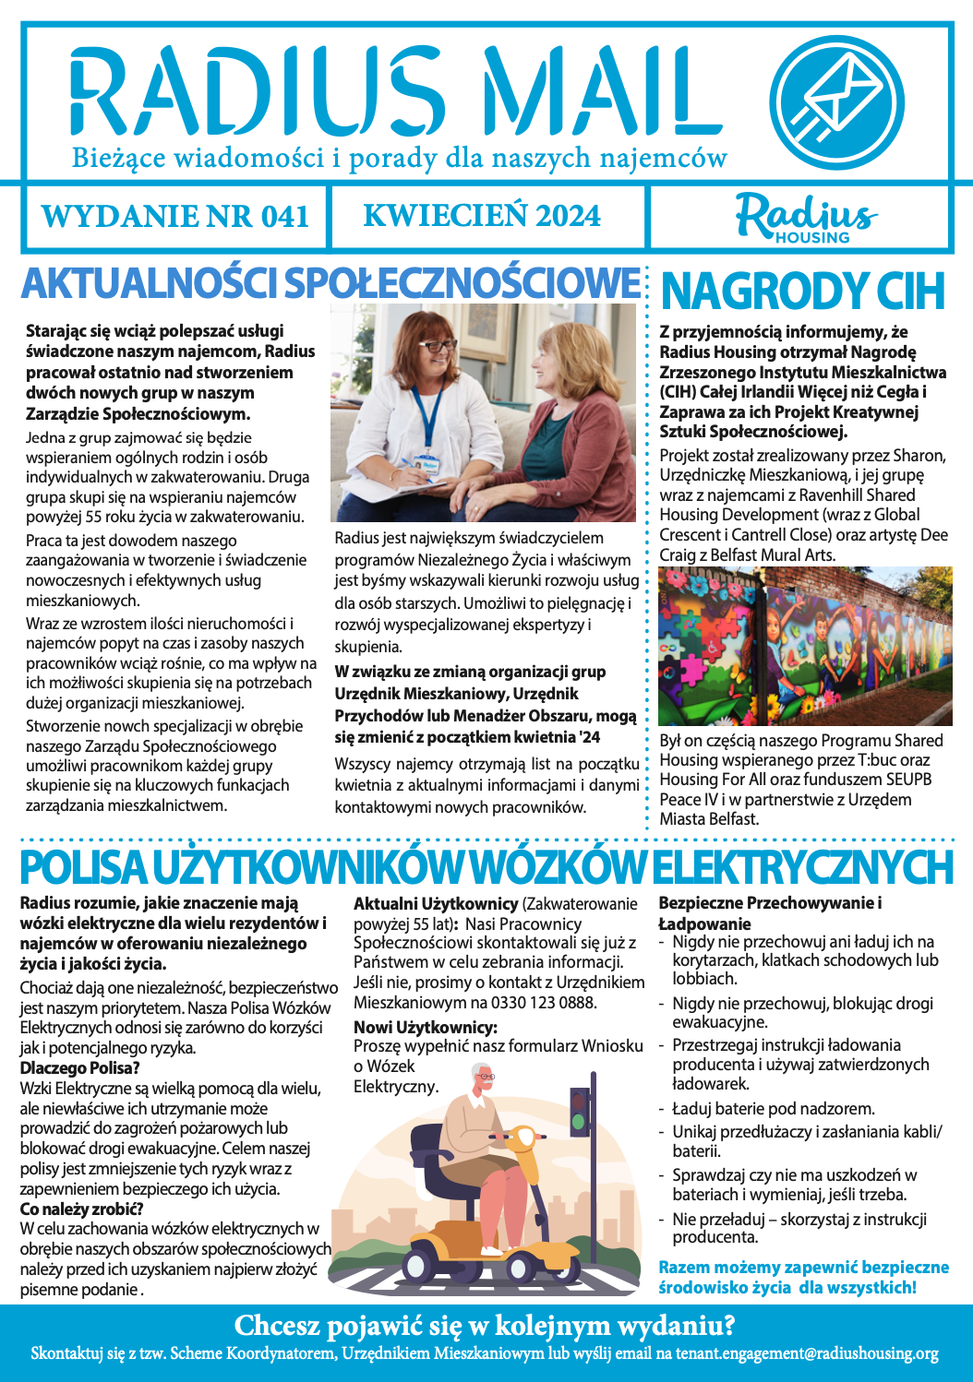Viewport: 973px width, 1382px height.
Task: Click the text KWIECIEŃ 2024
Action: pyautogui.click(x=482, y=216)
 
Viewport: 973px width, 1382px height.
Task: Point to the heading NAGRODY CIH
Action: pyautogui.click(x=803, y=291)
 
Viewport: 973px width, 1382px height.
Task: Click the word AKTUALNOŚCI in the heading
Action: pyautogui.click(x=149, y=283)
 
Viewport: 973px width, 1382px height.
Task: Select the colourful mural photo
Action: pyautogui.click(x=805, y=646)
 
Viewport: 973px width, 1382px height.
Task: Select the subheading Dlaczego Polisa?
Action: pyautogui.click(x=80, y=1068)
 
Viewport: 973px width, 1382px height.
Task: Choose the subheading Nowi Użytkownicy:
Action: pyautogui.click(x=426, y=1027)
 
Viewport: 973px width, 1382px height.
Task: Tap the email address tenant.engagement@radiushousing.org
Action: pyautogui.click(x=807, y=1354)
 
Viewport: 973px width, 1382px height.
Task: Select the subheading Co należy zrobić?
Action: pyautogui.click(x=82, y=1209)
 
